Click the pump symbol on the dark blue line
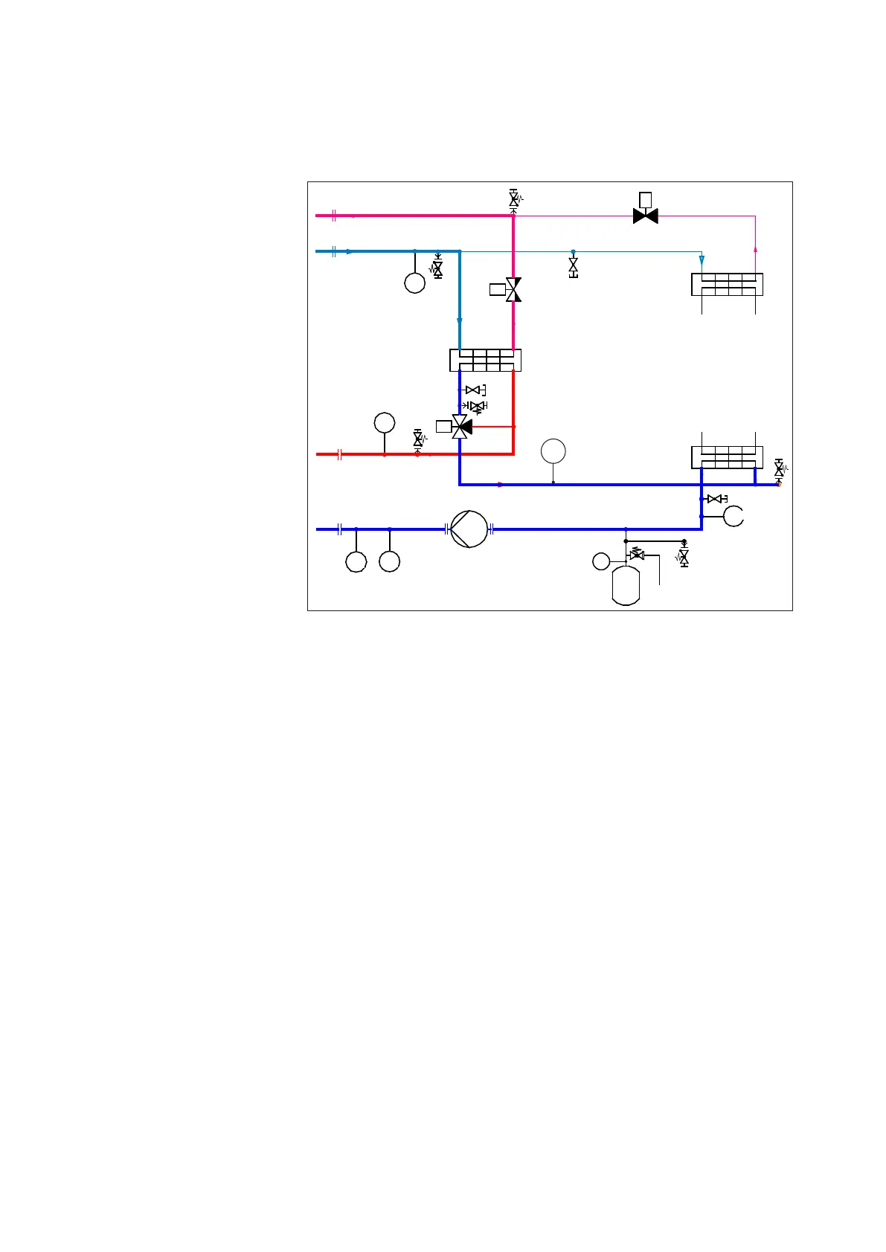click(x=469, y=529)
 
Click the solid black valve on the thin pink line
click(x=645, y=216)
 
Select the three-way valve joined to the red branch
click(x=460, y=426)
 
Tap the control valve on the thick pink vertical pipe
click(x=513, y=289)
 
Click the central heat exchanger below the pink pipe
click(x=485, y=361)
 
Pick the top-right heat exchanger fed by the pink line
click(x=727, y=284)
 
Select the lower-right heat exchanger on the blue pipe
click(x=727, y=457)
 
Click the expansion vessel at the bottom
click(x=626, y=586)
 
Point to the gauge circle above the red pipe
click(x=385, y=423)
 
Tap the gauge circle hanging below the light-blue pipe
click(x=414, y=283)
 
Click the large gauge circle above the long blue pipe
click(x=553, y=451)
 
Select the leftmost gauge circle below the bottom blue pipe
click(x=356, y=561)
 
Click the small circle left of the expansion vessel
click(x=601, y=561)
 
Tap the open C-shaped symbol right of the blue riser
click(x=733, y=516)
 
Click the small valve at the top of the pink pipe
click(x=513, y=199)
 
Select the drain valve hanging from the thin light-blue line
click(x=573, y=266)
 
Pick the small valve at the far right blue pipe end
click(x=779, y=469)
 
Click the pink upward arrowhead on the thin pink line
click(x=755, y=249)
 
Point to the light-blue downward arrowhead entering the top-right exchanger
click(x=702, y=260)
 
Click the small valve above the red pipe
click(x=417, y=439)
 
